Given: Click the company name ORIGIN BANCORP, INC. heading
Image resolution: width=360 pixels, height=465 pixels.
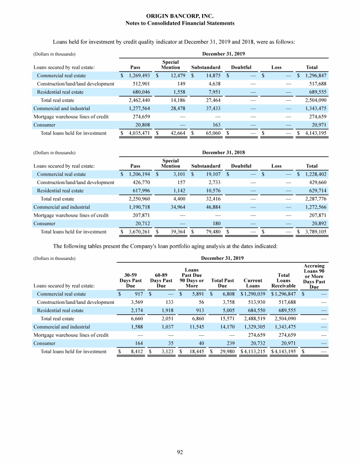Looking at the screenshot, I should coord(180,16).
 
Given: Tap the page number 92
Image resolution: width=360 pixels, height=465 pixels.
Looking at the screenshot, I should coord(180,452).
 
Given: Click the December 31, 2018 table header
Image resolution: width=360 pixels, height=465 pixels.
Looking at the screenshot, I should coord(223,152).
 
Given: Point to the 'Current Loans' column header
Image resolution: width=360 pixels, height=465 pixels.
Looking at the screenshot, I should coord(253,283).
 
